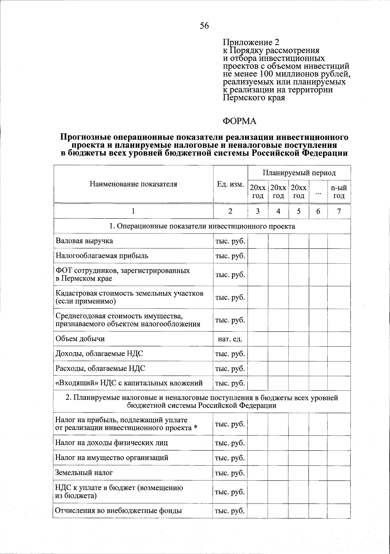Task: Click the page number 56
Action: pos(204,26)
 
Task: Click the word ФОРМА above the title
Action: pos(239,121)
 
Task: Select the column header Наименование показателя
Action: pos(133,184)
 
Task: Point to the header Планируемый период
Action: pos(299,173)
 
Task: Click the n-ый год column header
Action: pos(339,192)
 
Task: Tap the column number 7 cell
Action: pos(339,211)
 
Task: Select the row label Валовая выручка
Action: pos(84,241)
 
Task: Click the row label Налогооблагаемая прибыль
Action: pos(102,256)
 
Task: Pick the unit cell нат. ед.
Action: pos(230,339)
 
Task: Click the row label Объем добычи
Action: pos(80,339)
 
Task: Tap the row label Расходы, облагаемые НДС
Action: pos(100,368)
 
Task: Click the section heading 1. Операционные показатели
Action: pos(202,226)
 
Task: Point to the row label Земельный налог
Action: pos(84,472)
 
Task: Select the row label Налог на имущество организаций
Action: pos(112,458)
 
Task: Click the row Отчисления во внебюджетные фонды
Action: pos(119,510)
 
